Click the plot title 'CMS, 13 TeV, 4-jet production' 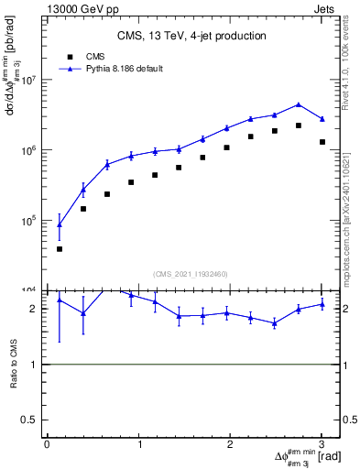(x=191, y=36)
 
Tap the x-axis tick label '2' (x=230, y=444)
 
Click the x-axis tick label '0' (x=47, y=444)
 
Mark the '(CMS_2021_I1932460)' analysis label (x=191, y=274)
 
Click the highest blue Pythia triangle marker (x=299, y=104)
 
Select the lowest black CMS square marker (x=60, y=248)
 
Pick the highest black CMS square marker (x=299, y=125)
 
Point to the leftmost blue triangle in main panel (x=60, y=224)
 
